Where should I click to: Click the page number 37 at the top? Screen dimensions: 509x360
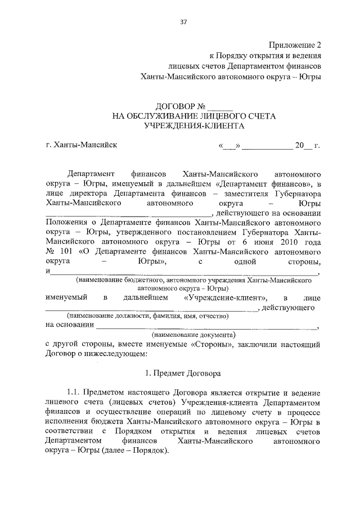183,22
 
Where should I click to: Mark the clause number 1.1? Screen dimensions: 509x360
74,391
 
